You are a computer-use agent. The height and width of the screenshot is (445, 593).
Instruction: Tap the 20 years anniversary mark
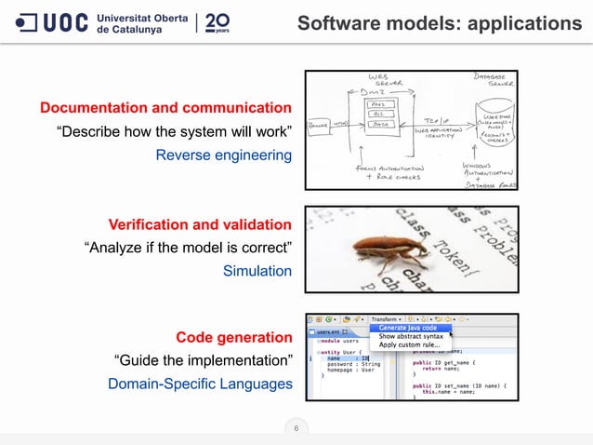(218, 21)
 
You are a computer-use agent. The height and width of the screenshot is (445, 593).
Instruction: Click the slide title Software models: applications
(439, 21)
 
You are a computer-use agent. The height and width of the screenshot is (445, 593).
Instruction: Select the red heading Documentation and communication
(165, 108)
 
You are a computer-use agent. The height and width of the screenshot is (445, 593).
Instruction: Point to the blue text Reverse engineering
(224, 155)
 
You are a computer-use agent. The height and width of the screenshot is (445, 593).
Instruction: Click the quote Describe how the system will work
(175, 131)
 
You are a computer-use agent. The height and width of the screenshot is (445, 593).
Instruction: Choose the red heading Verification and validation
(200, 224)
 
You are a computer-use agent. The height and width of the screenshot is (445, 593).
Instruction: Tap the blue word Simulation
(257, 271)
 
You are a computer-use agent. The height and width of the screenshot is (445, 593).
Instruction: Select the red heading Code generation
(234, 336)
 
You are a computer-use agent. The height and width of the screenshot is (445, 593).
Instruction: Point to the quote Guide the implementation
(203, 359)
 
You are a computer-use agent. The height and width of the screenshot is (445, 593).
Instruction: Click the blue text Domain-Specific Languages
(200, 383)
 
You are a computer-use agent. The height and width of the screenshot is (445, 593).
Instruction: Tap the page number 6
(296, 428)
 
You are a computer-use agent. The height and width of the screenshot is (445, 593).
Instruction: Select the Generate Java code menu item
(408, 328)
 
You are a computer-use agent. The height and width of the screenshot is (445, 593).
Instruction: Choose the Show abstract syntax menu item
(411, 336)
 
